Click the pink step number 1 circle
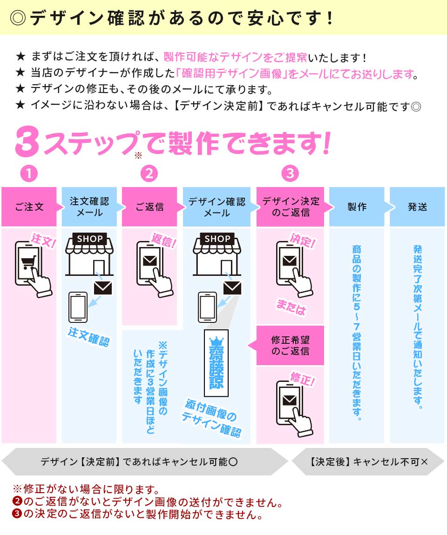29,174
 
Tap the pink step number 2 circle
149,174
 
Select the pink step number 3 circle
290,174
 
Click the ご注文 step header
29,207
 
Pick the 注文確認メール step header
89,207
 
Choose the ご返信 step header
149,207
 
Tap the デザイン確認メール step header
217,207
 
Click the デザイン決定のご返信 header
291,207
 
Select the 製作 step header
357,207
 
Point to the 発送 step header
417,207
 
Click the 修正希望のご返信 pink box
290,345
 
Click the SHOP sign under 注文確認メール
89,239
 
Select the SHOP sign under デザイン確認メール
217,239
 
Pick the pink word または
291,308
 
